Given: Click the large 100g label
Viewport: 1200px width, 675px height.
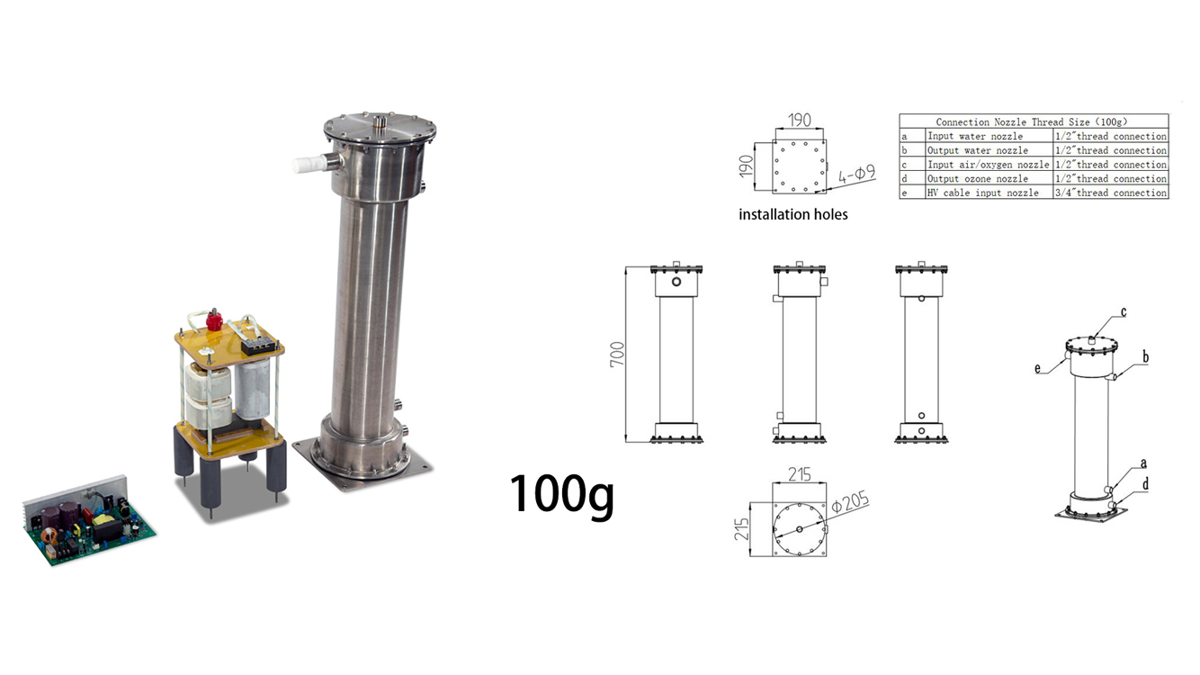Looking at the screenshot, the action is pos(561,495).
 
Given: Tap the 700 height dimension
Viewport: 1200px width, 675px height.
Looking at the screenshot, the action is pos(617,354).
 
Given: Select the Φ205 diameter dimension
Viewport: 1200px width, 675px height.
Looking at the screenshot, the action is pos(850,504).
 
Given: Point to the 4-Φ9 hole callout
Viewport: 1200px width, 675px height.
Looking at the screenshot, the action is pos(856,175).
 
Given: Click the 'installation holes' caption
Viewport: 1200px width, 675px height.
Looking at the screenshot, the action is pos(793,215).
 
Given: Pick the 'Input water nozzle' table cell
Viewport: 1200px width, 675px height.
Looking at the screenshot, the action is pos(975,136).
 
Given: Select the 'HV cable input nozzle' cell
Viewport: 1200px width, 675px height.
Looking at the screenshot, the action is pos(983,193).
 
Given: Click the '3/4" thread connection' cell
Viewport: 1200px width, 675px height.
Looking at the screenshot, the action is pos(1111,193).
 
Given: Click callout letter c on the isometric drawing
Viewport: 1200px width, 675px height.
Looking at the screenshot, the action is pos(1124,312).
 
